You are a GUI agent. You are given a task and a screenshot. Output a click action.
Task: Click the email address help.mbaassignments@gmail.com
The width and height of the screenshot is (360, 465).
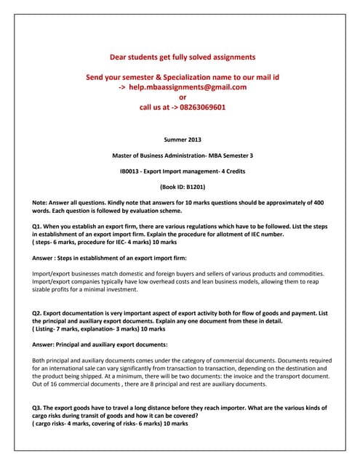click(188, 86)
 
